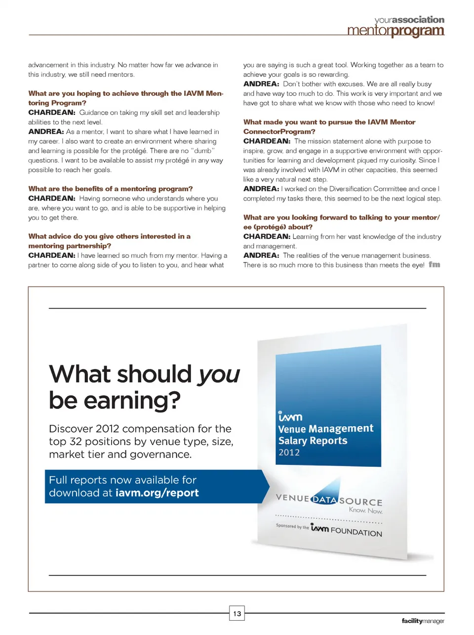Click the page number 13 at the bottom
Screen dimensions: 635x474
pyautogui.click(x=237, y=614)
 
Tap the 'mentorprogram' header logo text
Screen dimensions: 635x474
pyautogui.click(x=395, y=31)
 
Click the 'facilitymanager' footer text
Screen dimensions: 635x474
pyautogui.click(x=423, y=621)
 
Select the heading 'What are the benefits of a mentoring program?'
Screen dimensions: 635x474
pyautogui.click(x=111, y=189)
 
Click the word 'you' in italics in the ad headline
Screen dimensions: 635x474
pyautogui.click(x=219, y=374)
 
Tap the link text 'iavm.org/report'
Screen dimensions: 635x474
pyautogui.click(x=157, y=493)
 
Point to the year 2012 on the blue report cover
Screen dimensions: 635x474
pyautogui.click(x=289, y=453)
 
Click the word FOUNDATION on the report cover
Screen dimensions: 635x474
pyautogui.click(x=356, y=532)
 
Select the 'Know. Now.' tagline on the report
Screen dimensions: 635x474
pyautogui.click(x=365, y=510)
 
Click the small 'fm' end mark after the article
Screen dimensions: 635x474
pyautogui.click(x=434, y=265)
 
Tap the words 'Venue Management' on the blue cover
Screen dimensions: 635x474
pyautogui.click(x=326, y=429)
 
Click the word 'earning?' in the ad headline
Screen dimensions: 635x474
pyautogui.click(x=132, y=401)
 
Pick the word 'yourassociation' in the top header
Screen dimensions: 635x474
pyautogui.click(x=409, y=20)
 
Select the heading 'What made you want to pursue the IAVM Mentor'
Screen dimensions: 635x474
pyautogui.click(x=329, y=122)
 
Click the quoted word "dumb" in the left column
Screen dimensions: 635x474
pyautogui.click(x=202, y=151)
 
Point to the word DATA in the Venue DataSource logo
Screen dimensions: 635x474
pyautogui.click(x=325, y=499)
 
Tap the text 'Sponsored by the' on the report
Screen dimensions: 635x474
pyautogui.click(x=292, y=527)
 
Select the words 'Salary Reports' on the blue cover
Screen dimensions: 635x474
pyautogui.click(x=313, y=441)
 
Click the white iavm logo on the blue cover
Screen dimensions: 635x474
pyautogui.click(x=290, y=416)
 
